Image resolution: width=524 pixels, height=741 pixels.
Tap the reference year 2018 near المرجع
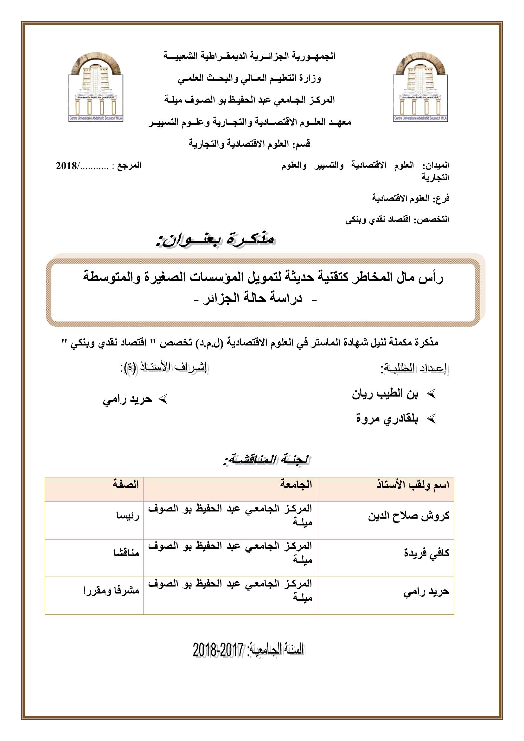(x=66, y=166)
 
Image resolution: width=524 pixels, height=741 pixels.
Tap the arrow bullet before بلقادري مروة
(x=431, y=419)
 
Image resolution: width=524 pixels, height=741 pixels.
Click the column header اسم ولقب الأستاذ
(x=413, y=485)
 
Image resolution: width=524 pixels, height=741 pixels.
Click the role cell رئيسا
(x=128, y=516)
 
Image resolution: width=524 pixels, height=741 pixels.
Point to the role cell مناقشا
(x=124, y=553)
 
